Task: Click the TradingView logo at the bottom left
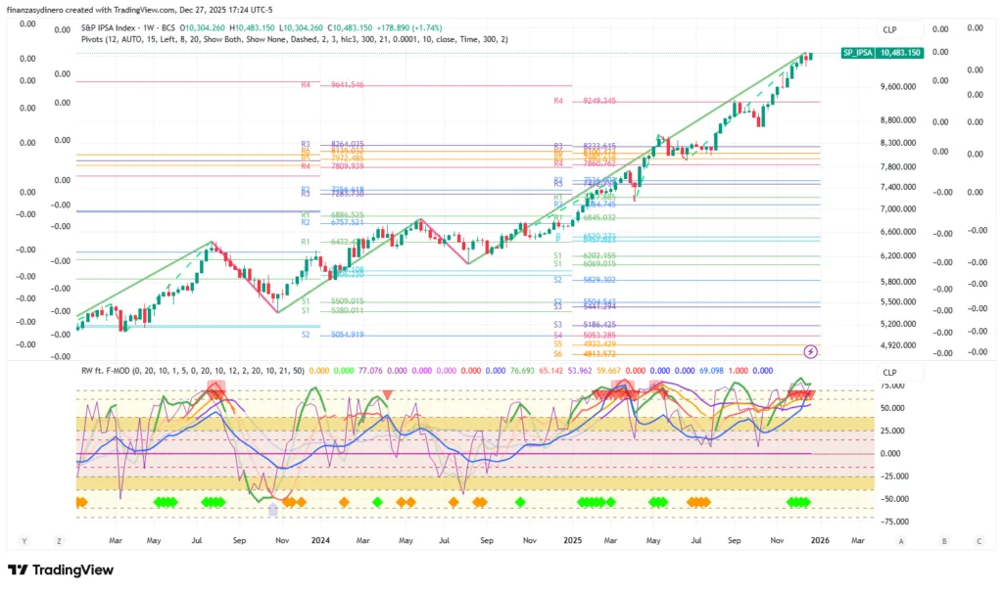[x=61, y=569]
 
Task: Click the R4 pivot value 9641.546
[x=348, y=85]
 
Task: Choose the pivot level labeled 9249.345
[x=598, y=101]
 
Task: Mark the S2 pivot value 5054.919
[x=348, y=335]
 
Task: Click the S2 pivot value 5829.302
[x=598, y=280]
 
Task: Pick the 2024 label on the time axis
[x=319, y=539]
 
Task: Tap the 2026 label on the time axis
[x=820, y=539]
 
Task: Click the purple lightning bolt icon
[x=811, y=350]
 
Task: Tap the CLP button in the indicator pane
[x=889, y=372]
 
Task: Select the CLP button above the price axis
[x=889, y=29]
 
